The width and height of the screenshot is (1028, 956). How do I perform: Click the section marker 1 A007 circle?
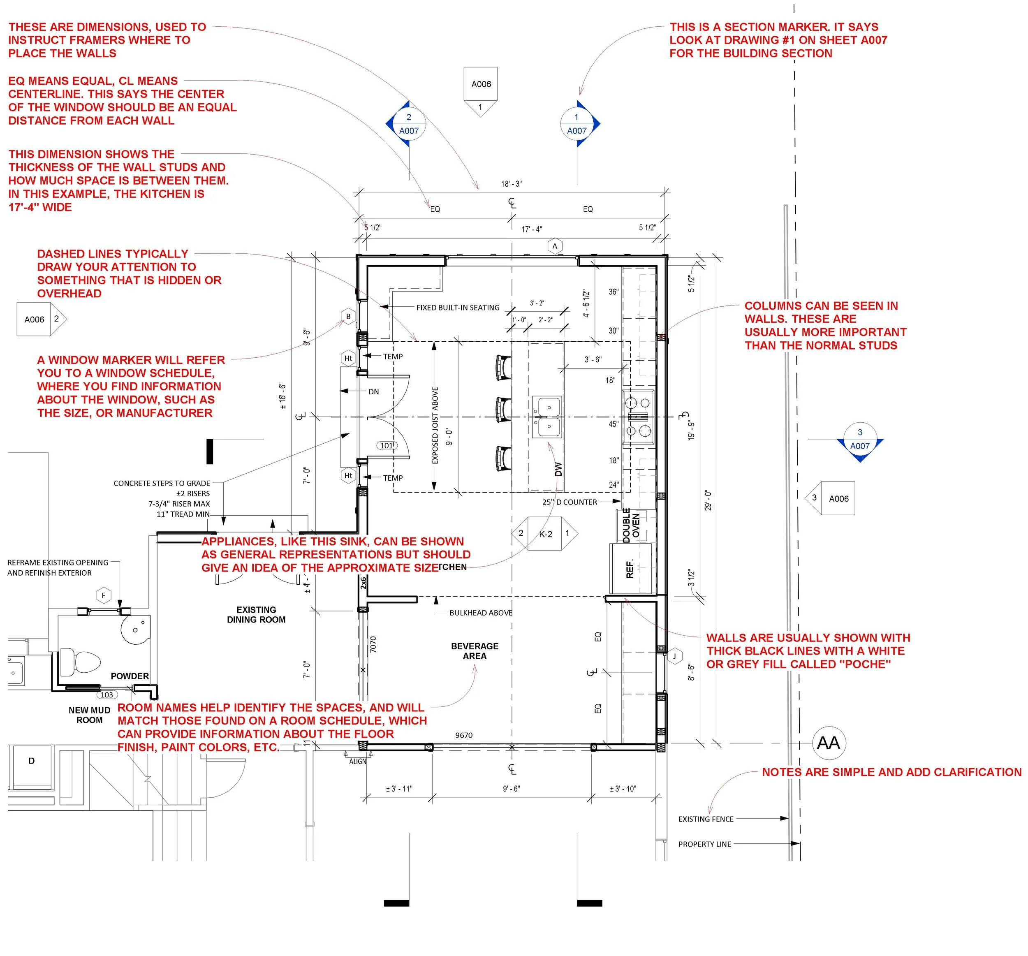[577, 124]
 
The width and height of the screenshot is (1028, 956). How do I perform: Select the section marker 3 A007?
[859, 440]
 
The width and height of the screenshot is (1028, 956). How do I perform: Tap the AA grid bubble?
[829, 743]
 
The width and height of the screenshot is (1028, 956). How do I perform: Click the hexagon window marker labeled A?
[555, 246]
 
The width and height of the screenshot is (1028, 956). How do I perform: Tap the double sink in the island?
[547, 417]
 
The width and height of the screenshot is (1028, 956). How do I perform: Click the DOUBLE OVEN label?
[631, 525]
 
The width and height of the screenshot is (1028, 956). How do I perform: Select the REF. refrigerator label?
[630, 569]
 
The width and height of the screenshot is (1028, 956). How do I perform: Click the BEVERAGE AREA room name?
[474, 651]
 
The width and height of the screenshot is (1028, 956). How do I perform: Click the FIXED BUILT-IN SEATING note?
[458, 308]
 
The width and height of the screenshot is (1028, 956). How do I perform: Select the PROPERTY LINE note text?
[704, 844]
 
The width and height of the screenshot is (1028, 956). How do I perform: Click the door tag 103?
[107, 695]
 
